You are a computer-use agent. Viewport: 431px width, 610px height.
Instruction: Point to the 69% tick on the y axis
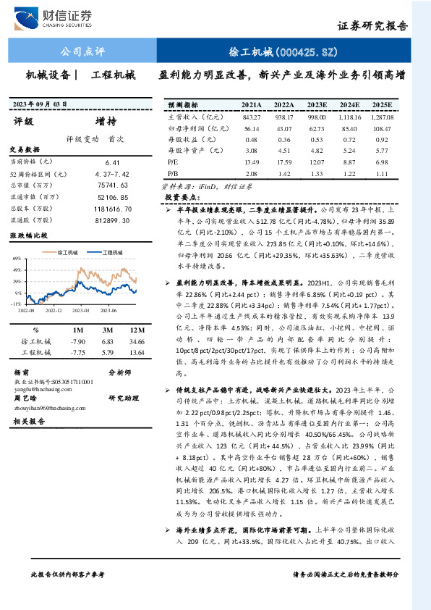click(x=15, y=258)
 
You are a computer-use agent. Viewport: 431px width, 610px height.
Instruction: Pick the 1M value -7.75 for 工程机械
click(x=78, y=352)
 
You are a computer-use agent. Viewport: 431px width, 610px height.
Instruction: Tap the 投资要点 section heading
click(x=182, y=196)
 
